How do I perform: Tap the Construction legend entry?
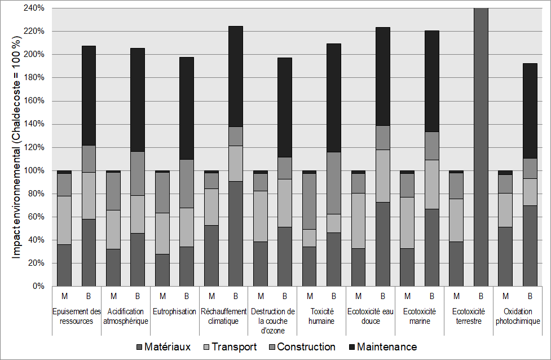pos(306,346)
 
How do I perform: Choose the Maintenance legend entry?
pos(387,346)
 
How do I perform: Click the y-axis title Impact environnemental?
pos(17,147)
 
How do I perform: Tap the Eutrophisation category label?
pos(175,311)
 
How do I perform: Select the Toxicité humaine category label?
pos(322,316)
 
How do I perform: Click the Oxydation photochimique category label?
pos(518,316)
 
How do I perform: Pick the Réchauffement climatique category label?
pos(223,316)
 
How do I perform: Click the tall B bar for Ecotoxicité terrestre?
pos(481,147)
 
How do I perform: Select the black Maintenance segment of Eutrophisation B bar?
pos(187,108)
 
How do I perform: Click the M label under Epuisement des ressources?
pos(64,296)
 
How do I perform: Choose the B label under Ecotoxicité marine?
pos(432,296)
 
